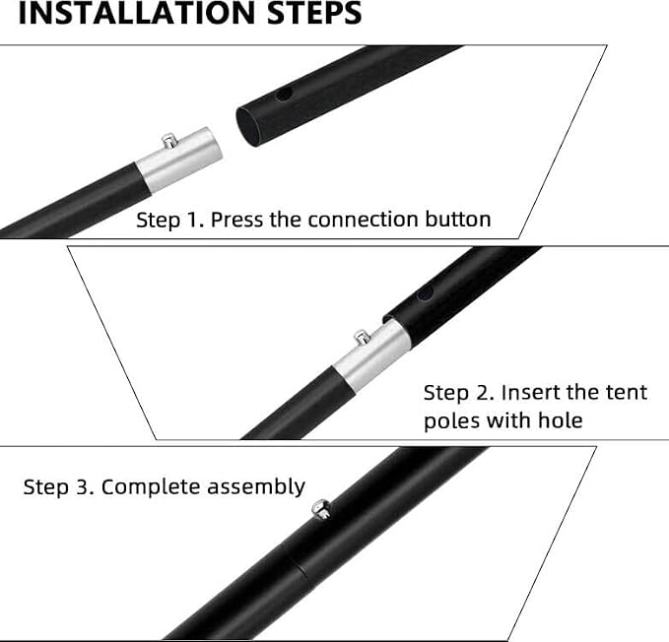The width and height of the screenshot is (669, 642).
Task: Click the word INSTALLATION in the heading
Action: click(x=137, y=13)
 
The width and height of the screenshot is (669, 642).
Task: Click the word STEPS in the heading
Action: click(x=314, y=13)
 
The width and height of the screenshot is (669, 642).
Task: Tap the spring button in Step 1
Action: click(x=168, y=141)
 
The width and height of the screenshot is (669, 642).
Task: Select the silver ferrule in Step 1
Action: click(x=180, y=160)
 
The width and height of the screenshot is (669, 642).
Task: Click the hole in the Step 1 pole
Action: click(x=284, y=95)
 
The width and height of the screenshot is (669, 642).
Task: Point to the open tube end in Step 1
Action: click(x=248, y=127)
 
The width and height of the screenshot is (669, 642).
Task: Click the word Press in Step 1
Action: click(x=236, y=220)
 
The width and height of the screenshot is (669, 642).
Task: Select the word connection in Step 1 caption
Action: click(x=363, y=220)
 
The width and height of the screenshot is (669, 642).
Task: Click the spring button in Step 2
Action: click(x=362, y=338)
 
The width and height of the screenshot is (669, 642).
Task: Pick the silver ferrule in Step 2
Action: click(x=372, y=356)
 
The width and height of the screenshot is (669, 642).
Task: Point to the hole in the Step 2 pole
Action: click(x=425, y=292)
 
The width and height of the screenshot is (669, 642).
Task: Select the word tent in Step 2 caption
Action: click(x=627, y=393)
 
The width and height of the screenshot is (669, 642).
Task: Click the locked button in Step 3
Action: click(x=321, y=509)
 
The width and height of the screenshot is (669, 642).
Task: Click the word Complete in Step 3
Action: click(x=151, y=487)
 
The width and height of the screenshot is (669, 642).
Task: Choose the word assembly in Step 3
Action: click(x=256, y=487)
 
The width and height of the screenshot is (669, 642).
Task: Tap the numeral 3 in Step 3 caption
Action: click(x=83, y=487)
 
